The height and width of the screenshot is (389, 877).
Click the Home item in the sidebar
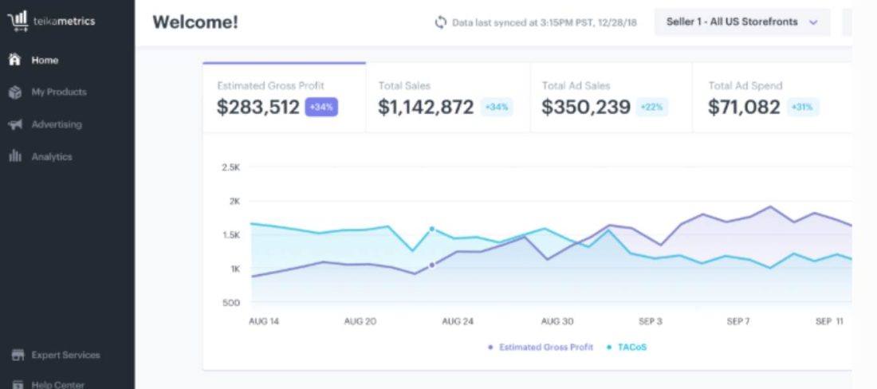coord(34,60)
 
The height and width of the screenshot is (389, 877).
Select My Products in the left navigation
coord(48,92)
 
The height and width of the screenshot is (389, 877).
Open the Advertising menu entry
coord(45,124)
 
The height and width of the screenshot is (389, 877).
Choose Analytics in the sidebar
coord(41,157)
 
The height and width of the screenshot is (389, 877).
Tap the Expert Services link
coord(56,355)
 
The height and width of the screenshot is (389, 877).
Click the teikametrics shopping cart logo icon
coord(18,22)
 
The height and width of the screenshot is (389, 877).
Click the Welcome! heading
coord(195,22)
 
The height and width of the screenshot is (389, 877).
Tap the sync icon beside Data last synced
coord(441,22)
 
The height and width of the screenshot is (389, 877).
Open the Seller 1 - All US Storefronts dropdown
coord(742,22)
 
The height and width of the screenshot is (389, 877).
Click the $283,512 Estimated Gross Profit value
coord(258,107)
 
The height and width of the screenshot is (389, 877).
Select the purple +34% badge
coord(321,107)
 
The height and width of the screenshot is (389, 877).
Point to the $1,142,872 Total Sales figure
coord(427,107)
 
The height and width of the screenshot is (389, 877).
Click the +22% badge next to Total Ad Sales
coord(652,107)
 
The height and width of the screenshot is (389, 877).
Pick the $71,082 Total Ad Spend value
coord(744,107)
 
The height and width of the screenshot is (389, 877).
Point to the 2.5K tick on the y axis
coord(231,167)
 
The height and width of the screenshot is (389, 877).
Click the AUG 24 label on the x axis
coord(458,321)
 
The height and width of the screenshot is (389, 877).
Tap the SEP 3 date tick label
coord(651,321)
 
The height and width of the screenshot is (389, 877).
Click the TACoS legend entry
coord(627,347)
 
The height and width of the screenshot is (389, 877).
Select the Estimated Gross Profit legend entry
coord(541,347)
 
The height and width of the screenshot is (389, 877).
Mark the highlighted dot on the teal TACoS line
coord(432,229)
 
